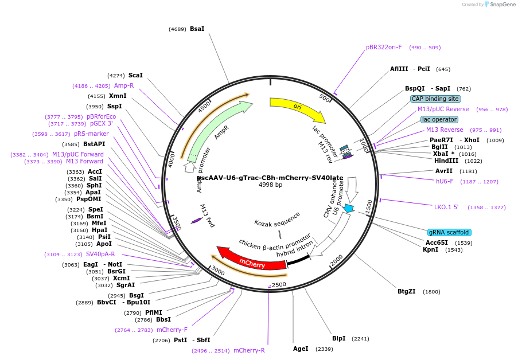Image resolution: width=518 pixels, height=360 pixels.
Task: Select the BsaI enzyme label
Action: pos(197,29)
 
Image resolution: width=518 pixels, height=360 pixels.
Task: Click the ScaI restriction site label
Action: pos(135,75)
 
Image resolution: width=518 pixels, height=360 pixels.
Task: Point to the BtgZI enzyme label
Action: pos(407,291)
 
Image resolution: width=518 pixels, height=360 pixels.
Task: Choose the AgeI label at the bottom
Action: pos(301,348)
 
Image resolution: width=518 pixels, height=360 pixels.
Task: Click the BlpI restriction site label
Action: pos(339,338)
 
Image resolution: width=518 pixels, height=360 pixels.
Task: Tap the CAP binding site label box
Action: pos(435,99)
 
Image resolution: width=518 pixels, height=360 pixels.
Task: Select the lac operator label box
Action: pos(439,119)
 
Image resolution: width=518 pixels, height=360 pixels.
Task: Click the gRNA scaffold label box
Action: pos(449,232)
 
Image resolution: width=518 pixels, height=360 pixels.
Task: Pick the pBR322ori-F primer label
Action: pos(384,47)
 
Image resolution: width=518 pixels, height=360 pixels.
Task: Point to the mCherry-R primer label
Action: pos(249,350)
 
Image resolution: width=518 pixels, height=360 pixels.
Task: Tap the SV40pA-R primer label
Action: pos(100,254)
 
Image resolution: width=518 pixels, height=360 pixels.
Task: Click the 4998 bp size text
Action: pos(270,185)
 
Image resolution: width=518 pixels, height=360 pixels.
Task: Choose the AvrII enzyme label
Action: pos(443,171)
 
